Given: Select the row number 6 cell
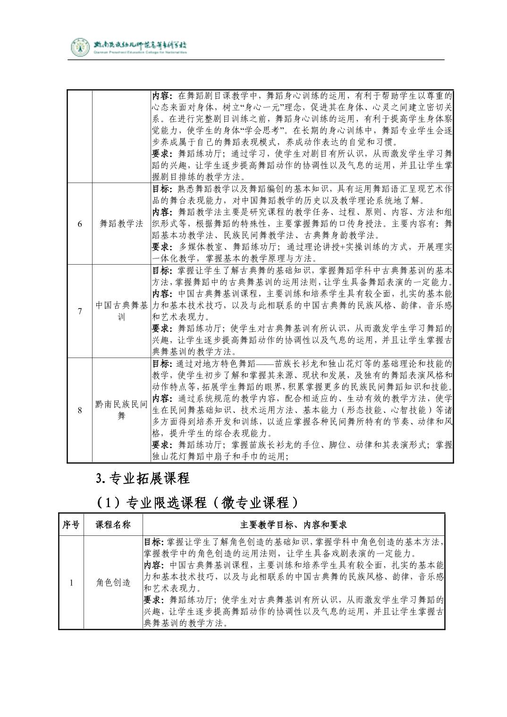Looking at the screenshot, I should [79, 224].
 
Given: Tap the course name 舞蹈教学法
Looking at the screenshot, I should [121, 224].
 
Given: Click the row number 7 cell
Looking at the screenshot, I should [79, 311].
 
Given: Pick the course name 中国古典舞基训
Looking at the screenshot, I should [121, 311].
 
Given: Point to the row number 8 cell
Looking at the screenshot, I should [79, 410].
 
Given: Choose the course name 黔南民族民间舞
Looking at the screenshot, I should [121, 410].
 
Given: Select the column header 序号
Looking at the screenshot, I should [71, 525].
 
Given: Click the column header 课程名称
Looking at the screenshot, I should [113, 525].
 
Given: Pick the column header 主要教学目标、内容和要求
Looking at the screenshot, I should [293, 525].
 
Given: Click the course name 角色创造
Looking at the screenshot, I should [113, 583].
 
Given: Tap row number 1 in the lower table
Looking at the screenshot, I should [71, 583].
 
